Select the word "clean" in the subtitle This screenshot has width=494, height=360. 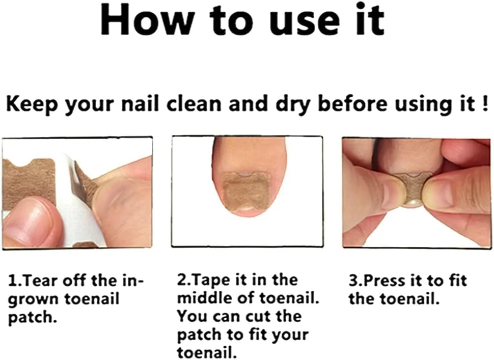click(194, 104)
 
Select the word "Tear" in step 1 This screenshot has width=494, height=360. click(40, 281)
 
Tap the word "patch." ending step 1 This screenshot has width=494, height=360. click(33, 317)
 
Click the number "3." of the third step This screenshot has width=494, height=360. click(355, 281)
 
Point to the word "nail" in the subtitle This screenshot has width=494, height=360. click(141, 104)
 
